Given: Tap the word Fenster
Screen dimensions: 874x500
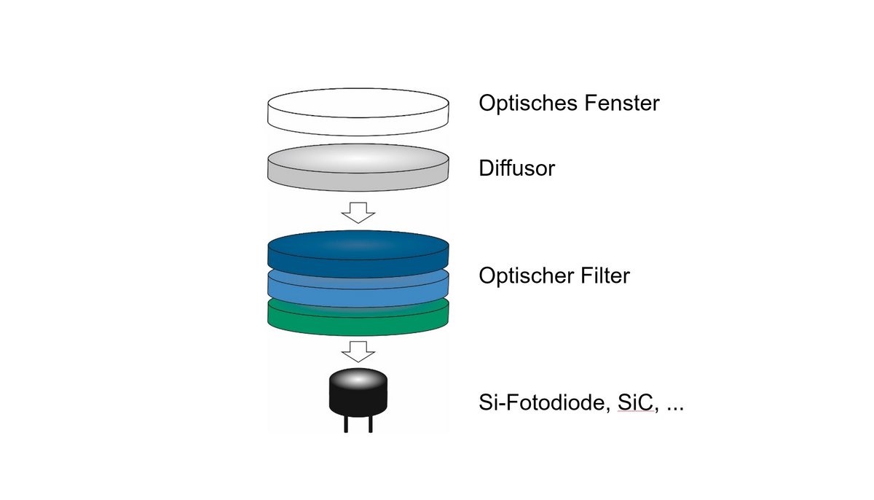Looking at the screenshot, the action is pos(622,103).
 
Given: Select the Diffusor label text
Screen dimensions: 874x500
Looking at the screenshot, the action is pos(516,168).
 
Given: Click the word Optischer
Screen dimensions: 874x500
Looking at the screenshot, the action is pos(527,276).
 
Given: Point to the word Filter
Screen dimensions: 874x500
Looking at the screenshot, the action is pos(605,276).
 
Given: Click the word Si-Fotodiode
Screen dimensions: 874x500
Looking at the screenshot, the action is pos(542,402).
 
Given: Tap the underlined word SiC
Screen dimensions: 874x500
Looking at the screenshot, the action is pos(635,402).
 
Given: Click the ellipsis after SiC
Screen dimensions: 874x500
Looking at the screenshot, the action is pos(675,409).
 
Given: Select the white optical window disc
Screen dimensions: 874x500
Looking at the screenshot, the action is pos(358,112).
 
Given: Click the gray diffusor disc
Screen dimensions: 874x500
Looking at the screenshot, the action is pos(358,168).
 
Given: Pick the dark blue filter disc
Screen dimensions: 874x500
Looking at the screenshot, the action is pos(358,254).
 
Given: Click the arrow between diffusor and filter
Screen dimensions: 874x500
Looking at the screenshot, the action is pos(358,213).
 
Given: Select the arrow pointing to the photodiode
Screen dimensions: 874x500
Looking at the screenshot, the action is pos(358,352).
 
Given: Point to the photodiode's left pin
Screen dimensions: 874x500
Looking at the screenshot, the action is pos(346,424).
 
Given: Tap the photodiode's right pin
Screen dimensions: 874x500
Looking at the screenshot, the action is pos(370,424).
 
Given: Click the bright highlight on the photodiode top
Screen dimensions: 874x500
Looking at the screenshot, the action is pos(358,379).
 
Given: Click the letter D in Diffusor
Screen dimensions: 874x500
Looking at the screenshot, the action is pos(486,168).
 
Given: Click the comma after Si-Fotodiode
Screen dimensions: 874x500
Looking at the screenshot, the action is pos(608,410).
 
